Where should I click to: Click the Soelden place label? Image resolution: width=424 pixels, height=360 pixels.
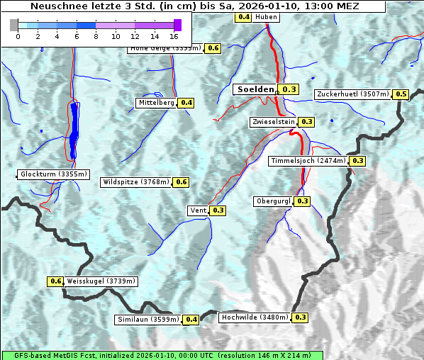[255, 89]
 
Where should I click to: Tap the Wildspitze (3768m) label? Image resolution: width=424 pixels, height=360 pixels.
[136, 182]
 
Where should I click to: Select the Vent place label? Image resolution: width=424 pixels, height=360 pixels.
[198, 210]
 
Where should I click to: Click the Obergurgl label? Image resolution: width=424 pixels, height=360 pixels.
[273, 201]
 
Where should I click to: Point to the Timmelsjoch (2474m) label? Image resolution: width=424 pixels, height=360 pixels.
[308, 161]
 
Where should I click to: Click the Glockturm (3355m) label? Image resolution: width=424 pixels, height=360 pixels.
[54, 174]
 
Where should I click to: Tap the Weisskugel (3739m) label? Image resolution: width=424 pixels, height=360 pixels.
[101, 281]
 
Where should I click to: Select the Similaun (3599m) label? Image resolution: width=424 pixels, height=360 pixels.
[148, 320]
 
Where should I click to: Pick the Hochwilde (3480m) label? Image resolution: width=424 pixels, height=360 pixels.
[255, 317]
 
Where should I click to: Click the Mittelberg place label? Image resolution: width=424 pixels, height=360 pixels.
[156, 103]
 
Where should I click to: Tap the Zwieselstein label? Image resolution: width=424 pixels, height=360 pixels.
[273, 122]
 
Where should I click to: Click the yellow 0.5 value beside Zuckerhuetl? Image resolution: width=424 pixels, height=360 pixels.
[401, 94]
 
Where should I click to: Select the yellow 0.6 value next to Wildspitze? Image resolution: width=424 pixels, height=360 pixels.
[182, 182]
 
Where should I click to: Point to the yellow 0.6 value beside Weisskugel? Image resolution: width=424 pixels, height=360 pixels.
[56, 281]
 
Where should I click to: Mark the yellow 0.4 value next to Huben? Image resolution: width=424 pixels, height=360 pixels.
[244, 16]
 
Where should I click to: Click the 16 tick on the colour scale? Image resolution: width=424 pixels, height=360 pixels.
[174, 35]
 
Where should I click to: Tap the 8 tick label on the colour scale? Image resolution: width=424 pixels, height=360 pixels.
[96, 35]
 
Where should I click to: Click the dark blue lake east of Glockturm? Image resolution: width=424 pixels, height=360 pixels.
[74, 131]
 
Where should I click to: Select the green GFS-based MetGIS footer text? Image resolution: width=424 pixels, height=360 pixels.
[162, 355]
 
